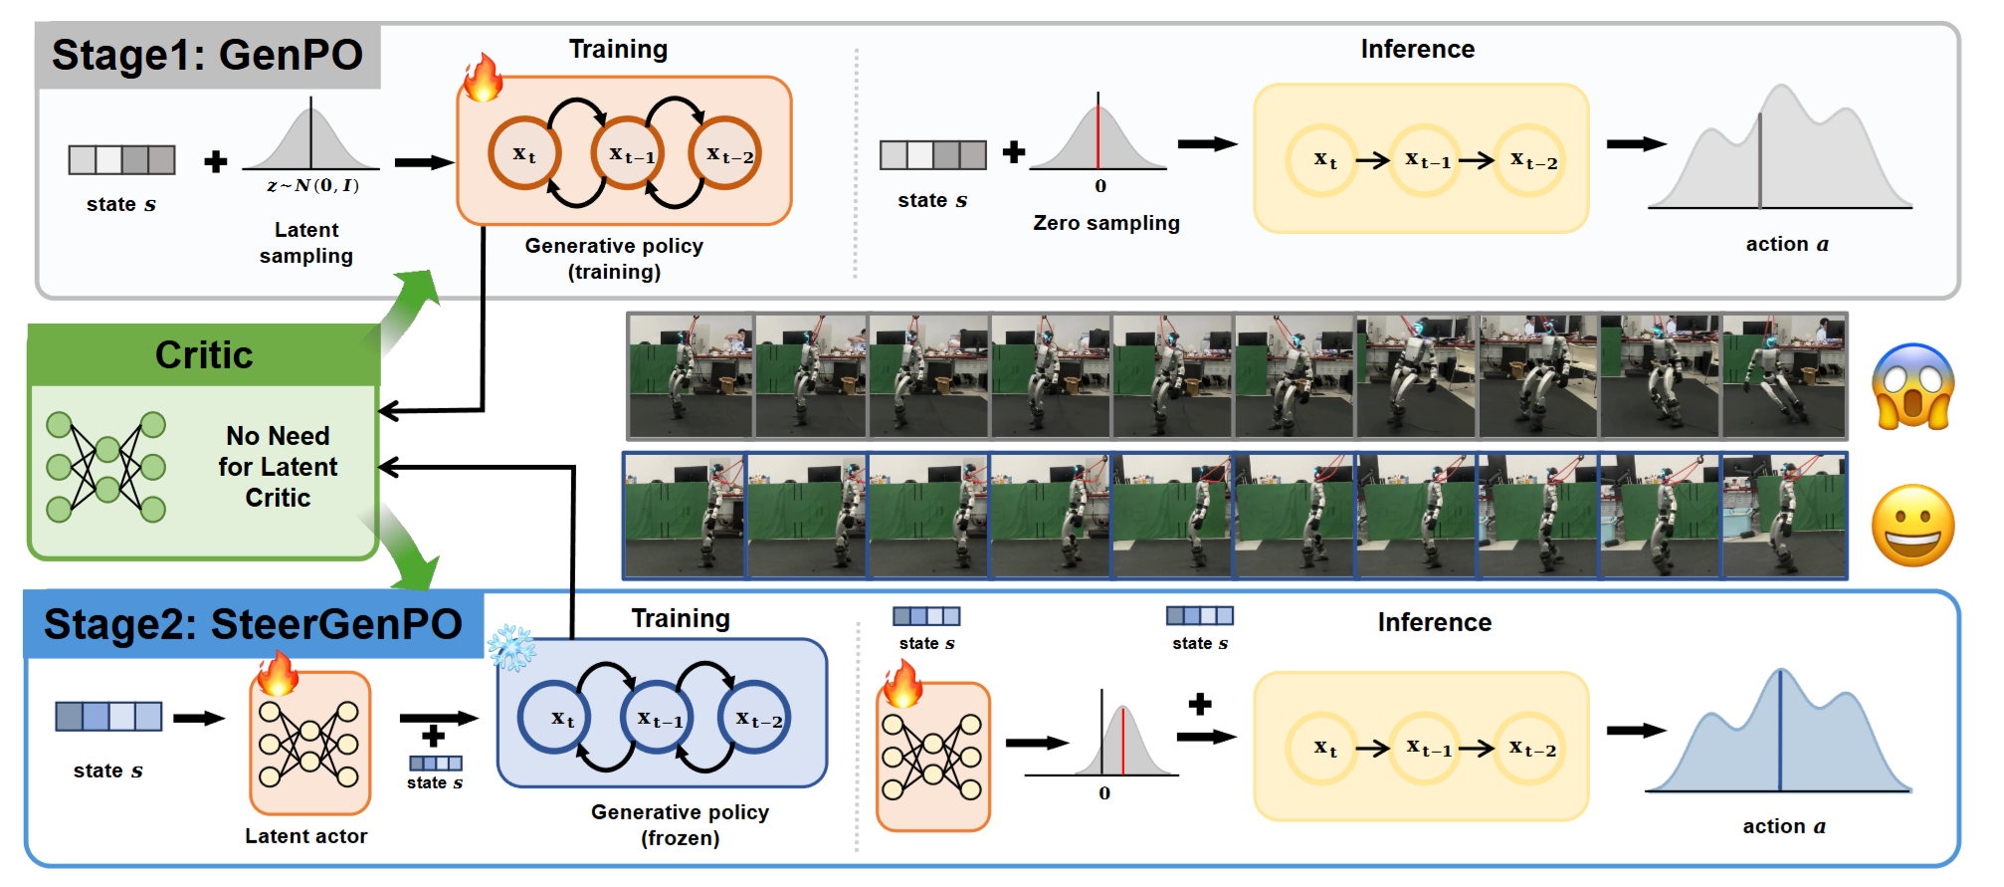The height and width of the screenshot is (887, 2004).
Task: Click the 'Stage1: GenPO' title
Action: point(207,55)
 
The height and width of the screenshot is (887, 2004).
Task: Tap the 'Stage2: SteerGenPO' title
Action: point(253,624)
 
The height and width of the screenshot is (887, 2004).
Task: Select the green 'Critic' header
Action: point(204,354)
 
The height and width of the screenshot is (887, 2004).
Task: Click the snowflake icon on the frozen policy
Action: point(511,647)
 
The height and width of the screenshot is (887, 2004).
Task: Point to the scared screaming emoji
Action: point(1912,386)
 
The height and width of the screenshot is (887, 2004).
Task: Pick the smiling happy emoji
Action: point(1912,526)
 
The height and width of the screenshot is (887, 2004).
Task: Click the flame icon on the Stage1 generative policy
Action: point(484,78)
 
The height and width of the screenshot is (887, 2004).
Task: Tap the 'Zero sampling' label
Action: point(1106,223)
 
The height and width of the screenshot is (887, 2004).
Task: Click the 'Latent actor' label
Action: point(306,836)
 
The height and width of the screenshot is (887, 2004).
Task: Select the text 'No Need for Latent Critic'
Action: point(278,467)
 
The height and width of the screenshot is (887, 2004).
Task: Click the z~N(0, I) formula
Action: point(312,185)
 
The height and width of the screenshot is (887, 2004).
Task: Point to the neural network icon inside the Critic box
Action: point(105,467)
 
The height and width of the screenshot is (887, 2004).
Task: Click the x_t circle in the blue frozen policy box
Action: point(554,717)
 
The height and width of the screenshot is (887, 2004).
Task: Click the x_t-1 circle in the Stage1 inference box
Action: point(1426,159)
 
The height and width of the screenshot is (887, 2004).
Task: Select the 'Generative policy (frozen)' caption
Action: point(681,824)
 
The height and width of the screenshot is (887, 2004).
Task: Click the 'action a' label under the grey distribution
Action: point(1787,244)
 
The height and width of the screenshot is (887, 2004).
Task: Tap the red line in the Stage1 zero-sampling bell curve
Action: point(1098,131)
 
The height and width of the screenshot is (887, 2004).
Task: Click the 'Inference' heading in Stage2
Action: point(1434,622)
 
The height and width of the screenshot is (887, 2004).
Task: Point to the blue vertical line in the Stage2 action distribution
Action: point(1780,732)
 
